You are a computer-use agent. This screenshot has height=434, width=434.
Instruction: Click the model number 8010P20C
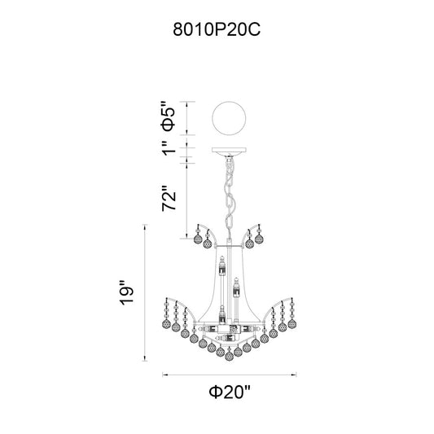click(217, 29)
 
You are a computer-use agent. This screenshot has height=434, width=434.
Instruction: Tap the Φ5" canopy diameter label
click(169, 116)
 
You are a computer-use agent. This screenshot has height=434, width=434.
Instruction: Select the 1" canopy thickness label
click(169, 148)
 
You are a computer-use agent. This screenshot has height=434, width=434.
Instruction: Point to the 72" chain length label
click(169, 198)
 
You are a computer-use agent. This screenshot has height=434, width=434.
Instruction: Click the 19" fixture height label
click(126, 293)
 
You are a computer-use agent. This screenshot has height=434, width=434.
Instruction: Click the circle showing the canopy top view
click(229, 118)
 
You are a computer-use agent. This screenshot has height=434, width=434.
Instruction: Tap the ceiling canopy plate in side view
click(229, 151)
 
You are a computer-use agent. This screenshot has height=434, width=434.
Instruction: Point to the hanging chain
click(230, 196)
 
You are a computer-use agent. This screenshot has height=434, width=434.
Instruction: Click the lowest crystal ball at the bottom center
click(229, 356)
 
